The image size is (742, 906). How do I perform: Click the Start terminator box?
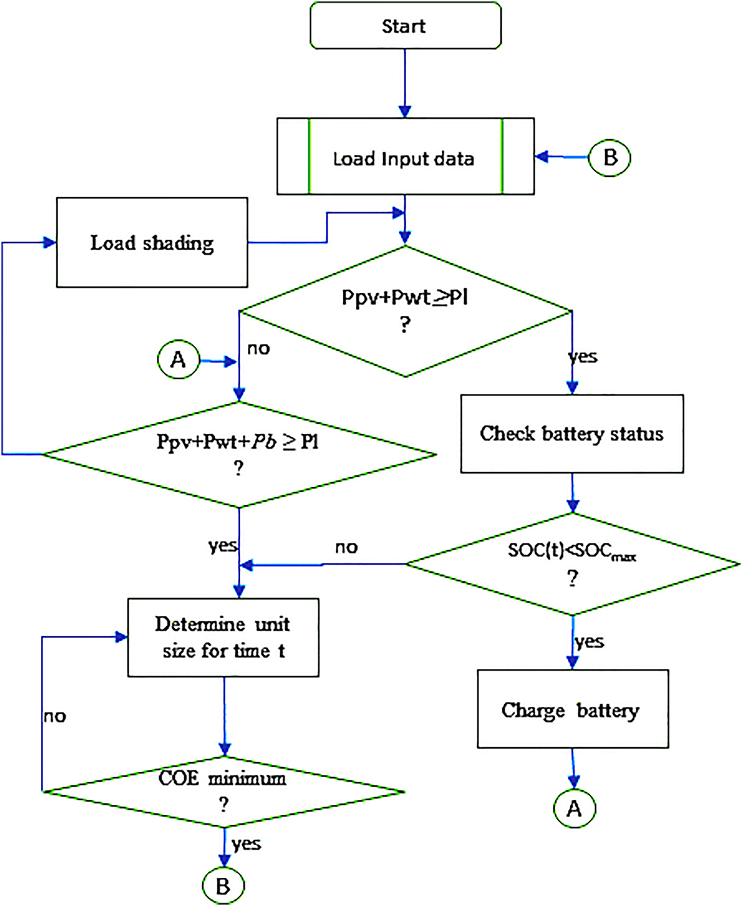pyautogui.click(x=405, y=26)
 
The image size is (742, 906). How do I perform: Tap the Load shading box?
pyautogui.click(x=152, y=242)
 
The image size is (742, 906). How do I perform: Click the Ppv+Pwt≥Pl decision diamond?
pyautogui.click(x=405, y=310)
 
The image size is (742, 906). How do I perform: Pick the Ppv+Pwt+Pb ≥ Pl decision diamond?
pyautogui.click(x=239, y=454)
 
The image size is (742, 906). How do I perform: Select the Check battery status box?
pyautogui.click(x=572, y=433)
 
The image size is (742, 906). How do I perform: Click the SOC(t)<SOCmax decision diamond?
pyautogui.click(x=572, y=564)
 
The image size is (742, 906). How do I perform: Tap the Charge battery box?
pyautogui.click(x=572, y=709)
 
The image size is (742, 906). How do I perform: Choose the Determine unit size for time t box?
pyautogui.click(x=223, y=637)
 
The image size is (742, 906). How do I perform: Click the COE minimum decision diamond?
pyautogui.click(x=224, y=791)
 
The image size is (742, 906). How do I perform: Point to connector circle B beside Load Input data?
pyautogui.click(x=609, y=157)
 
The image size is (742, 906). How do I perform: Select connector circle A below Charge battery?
pyautogui.click(x=574, y=809)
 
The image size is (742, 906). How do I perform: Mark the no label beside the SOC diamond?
pyautogui.click(x=346, y=547)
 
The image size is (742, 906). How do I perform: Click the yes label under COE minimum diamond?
pyautogui.click(x=246, y=844)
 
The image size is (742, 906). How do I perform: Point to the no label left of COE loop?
pyautogui.click(x=55, y=717)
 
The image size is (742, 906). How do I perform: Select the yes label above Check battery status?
pyautogui.click(x=583, y=356)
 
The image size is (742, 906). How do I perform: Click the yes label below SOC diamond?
pyautogui.click(x=589, y=641)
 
